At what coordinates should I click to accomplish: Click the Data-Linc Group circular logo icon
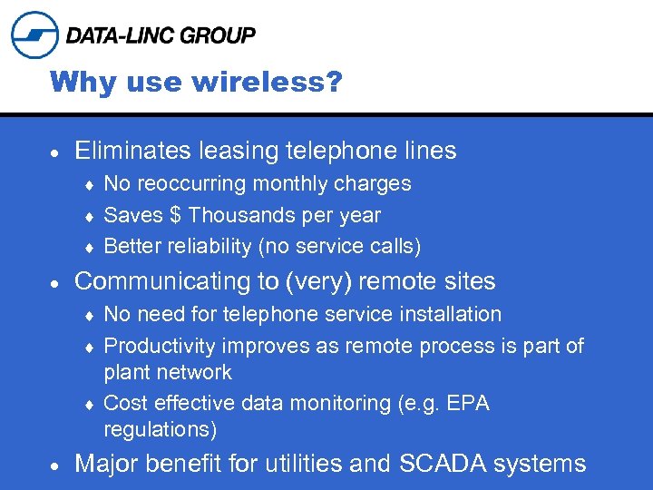pos(34,35)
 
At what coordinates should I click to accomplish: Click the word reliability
pos(205,247)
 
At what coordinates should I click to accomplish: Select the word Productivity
pos(160,347)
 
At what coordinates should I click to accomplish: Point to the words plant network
pos(168,373)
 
